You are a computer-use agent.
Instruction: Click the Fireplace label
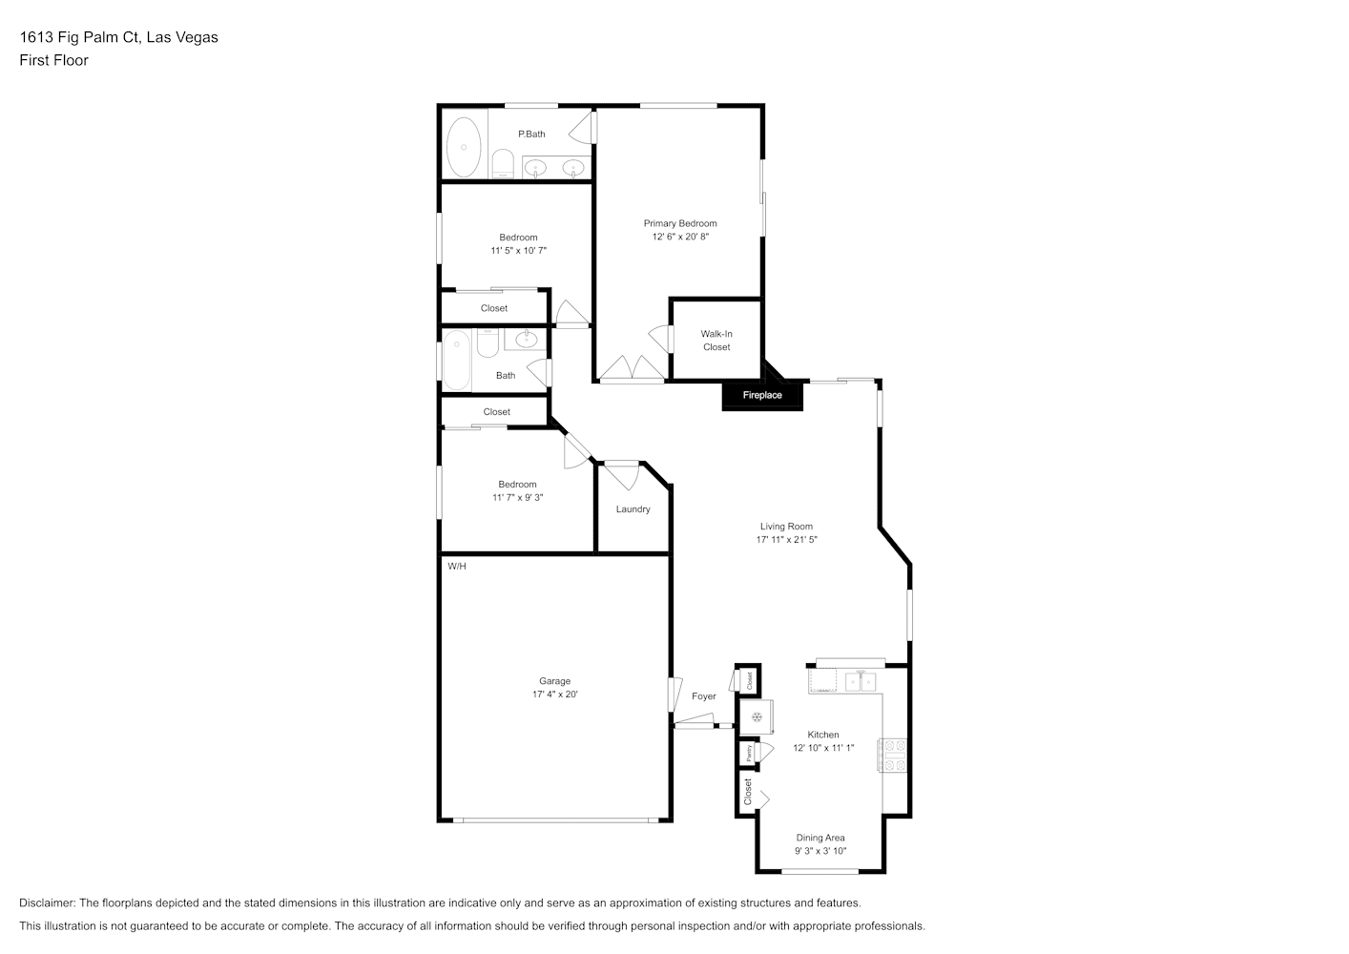click(x=762, y=395)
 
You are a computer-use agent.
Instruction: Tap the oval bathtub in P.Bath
click(x=464, y=147)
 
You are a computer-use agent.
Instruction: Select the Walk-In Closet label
click(x=716, y=341)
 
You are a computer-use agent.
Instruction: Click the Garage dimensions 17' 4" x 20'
click(x=554, y=695)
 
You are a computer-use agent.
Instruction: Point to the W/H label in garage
click(x=457, y=566)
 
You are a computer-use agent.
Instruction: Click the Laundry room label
click(x=633, y=509)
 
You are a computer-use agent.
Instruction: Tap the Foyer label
click(x=703, y=696)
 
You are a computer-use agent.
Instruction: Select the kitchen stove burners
click(x=893, y=756)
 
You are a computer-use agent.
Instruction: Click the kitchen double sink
click(x=861, y=681)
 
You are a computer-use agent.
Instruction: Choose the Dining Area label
click(x=820, y=838)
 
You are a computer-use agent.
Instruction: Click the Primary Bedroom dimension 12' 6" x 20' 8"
click(x=680, y=237)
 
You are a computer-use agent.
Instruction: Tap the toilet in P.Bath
click(x=503, y=164)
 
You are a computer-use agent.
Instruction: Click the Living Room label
click(x=786, y=527)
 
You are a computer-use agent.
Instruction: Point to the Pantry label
click(x=749, y=753)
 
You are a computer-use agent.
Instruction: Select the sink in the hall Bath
click(x=526, y=339)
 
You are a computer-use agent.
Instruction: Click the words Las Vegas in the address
click(x=182, y=37)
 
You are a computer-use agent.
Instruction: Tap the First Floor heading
click(x=53, y=60)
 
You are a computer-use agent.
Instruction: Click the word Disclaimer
click(x=47, y=902)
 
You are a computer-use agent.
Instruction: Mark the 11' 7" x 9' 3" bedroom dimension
click(x=518, y=497)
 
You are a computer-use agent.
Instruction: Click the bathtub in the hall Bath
click(x=457, y=361)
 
